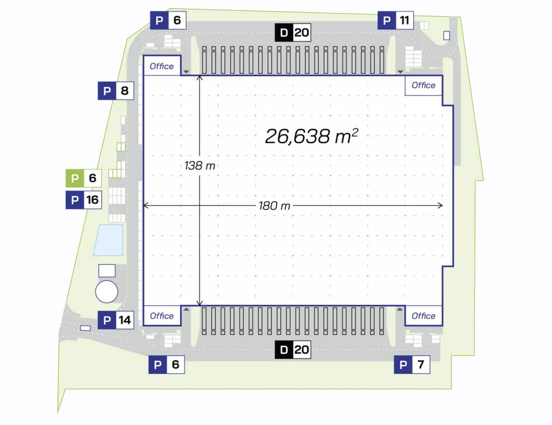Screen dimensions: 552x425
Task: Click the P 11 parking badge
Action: (x=395, y=21)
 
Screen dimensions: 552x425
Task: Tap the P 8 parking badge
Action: (x=116, y=91)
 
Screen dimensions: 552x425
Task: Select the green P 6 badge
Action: (x=84, y=178)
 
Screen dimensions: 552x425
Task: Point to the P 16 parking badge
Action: (x=84, y=200)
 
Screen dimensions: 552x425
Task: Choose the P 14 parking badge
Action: (x=116, y=320)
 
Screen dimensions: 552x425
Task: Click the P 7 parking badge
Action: (x=412, y=364)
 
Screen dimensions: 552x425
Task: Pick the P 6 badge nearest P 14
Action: (x=166, y=364)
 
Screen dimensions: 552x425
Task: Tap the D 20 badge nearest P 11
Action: (x=293, y=33)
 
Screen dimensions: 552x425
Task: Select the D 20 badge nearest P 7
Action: (x=293, y=350)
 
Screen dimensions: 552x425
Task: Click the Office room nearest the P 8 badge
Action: (x=162, y=66)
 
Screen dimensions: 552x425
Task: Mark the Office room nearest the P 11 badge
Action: (x=423, y=86)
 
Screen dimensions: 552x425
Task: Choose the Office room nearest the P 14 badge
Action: (x=162, y=315)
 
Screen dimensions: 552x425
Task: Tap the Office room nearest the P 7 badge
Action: (x=423, y=315)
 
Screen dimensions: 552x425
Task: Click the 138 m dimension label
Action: (x=199, y=165)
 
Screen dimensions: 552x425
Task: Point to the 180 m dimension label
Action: (x=274, y=206)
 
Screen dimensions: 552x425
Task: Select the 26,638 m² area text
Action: (x=311, y=136)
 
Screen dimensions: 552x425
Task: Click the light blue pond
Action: (x=109, y=240)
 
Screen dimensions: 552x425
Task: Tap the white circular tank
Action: (x=107, y=292)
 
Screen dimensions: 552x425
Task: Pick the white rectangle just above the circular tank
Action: (x=107, y=271)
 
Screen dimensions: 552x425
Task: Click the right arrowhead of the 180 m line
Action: (x=441, y=206)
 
